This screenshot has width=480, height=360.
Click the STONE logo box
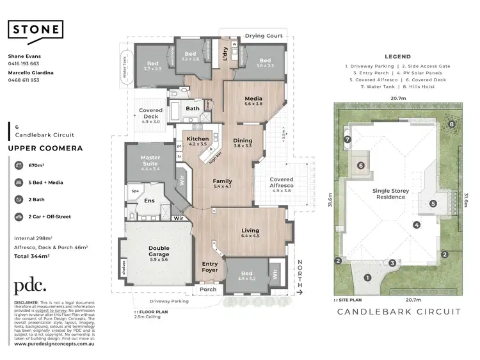(x=35, y=29)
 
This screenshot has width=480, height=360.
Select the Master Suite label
(x=150, y=161)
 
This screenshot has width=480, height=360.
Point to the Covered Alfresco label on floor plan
(x=282, y=183)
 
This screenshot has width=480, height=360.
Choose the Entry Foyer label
(x=210, y=266)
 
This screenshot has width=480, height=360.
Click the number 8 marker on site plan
(x=452, y=124)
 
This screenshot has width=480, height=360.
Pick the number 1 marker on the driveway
(x=367, y=277)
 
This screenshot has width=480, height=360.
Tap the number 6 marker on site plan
(x=362, y=165)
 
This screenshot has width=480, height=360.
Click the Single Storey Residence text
(x=390, y=193)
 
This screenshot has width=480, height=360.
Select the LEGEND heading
(x=397, y=56)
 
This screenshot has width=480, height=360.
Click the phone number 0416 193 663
(x=24, y=63)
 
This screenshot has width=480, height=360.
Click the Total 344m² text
(x=32, y=256)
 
